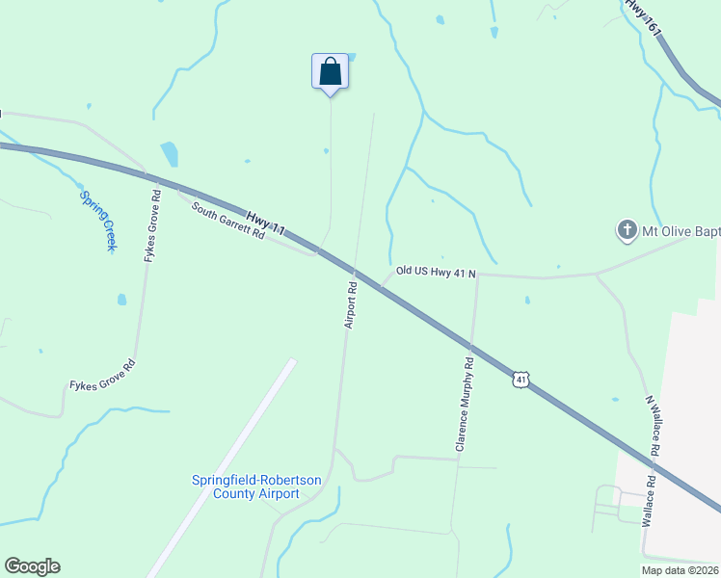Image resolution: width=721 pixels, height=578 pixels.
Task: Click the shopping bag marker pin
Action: point(330,72)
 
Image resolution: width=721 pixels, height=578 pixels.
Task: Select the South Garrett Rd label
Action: point(227,220)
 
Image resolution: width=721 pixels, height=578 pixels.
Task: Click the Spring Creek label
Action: point(97,221)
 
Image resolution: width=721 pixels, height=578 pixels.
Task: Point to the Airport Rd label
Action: point(352,303)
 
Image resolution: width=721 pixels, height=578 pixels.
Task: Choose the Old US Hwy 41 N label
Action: point(435,273)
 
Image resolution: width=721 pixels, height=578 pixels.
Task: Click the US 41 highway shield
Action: point(521,381)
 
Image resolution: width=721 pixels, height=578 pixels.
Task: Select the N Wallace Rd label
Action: point(653,425)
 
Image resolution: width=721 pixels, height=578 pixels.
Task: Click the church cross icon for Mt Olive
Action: point(627,230)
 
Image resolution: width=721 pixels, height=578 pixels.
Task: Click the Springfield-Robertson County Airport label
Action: point(245,486)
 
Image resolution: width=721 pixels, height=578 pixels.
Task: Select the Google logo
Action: point(32,566)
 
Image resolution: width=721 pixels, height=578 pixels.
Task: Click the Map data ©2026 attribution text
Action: point(680,570)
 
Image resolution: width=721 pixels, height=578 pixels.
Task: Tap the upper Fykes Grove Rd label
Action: point(151,223)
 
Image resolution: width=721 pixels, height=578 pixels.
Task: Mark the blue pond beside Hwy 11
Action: point(170,154)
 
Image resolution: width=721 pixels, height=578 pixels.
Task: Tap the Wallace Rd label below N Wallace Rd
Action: point(649,499)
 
